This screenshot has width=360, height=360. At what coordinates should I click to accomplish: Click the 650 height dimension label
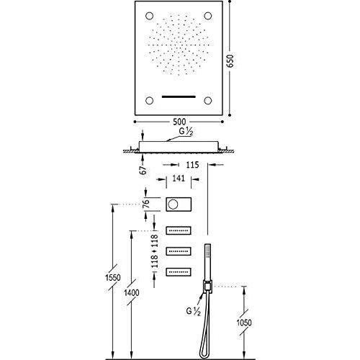click(230, 61)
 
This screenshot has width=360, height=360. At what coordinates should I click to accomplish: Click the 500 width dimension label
click(179, 122)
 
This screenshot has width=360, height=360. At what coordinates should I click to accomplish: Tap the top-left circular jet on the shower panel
click(149, 16)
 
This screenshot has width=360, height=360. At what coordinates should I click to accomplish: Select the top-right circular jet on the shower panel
click(208, 16)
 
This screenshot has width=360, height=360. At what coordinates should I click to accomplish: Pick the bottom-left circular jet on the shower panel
click(149, 100)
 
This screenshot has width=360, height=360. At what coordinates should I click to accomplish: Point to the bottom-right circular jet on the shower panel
click(208, 100)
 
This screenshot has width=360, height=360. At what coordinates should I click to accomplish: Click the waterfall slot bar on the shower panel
click(179, 97)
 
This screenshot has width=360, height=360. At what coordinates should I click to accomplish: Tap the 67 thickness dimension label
click(143, 170)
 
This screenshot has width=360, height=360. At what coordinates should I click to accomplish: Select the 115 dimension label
click(192, 165)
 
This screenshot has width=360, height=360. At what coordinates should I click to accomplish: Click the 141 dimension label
click(179, 179)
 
